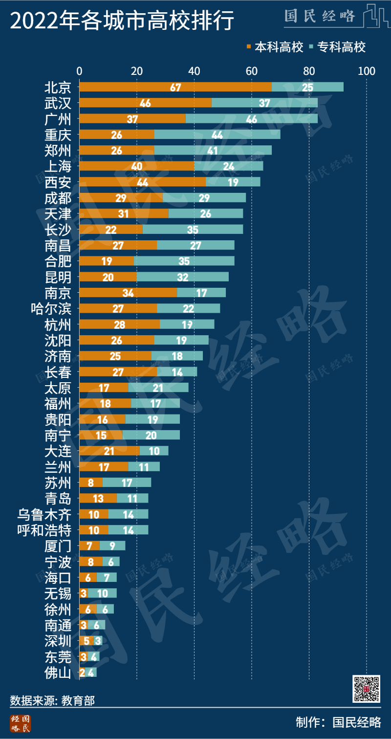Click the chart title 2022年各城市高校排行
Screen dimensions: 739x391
point(122,21)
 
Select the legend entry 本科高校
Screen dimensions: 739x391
point(275,47)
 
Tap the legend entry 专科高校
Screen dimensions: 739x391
point(337,47)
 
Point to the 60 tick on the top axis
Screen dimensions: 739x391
point(252,71)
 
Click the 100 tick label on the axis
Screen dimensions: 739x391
point(367,71)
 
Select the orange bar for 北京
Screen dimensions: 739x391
point(175,87)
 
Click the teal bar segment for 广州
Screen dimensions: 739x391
point(252,118)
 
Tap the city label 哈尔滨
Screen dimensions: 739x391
point(51,309)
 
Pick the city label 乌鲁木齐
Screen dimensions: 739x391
point(44,514)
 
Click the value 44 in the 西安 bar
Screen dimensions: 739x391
point(142,182)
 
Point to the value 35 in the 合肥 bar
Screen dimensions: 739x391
point(184,261)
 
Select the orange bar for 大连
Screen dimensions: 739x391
point(109,451)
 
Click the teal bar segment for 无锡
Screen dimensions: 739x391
point(102,593)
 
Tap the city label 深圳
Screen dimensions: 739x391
point(58,641)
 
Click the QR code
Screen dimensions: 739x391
point(366,689)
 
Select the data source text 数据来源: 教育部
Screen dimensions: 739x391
point(52,700)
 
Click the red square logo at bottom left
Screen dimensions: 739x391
point(20,723)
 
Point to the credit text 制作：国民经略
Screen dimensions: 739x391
point(338,722)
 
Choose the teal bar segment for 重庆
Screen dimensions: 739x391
point(217,135)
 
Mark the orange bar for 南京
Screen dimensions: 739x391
point(128,293)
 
